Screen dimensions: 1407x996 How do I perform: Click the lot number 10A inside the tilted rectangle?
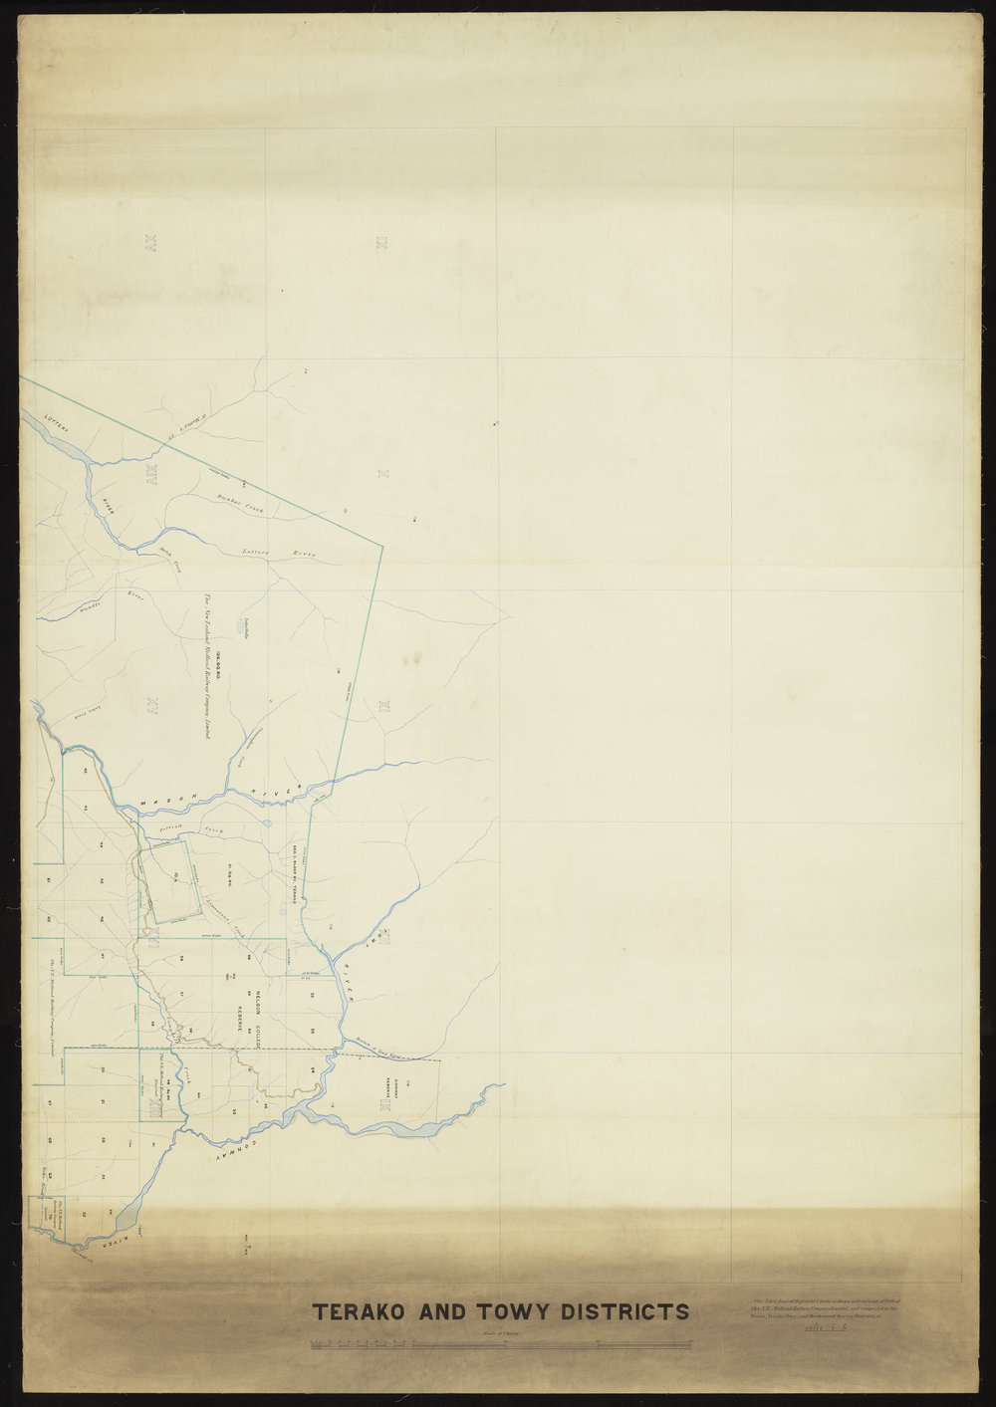175,877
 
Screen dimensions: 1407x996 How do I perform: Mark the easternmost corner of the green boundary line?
383,545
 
